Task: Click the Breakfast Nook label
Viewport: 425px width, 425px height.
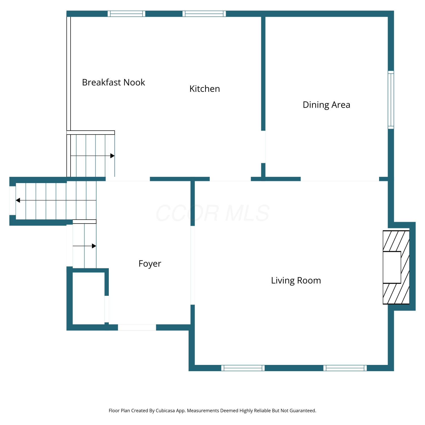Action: [x=113, y=82]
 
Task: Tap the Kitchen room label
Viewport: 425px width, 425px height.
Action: [x=205, y=89]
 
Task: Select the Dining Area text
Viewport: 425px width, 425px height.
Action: [x=326, y=105]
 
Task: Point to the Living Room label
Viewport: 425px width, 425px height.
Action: [x=296, y=280]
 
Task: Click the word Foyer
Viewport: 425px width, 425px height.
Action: [x=150, y=264]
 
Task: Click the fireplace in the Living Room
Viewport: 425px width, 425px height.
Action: [x=396, y=267]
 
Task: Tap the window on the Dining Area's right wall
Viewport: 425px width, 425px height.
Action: [x=391, y=100]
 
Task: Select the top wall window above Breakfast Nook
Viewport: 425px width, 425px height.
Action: [x=126, y=14]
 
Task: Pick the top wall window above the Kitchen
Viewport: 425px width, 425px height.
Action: [x=204, y=14]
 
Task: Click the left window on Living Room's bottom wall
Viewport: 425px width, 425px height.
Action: [x=243, y=368]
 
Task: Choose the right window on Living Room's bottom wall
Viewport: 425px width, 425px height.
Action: [x=345, y=368]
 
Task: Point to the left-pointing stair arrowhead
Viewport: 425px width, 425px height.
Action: [x=18, y=200]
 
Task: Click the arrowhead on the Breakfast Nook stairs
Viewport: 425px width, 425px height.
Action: [x=112, y=156]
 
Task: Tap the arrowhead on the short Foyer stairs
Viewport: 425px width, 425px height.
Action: [x=94, y=246]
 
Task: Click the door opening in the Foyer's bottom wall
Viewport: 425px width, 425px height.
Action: [x=137, y=328]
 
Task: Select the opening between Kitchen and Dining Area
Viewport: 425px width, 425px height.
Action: [x=263, y=147]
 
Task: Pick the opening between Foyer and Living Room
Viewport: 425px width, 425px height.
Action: [x=193, y=265]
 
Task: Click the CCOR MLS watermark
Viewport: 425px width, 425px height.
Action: [x=212, y=213]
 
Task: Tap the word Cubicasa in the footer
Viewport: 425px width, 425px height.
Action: [x=165, y=411]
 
